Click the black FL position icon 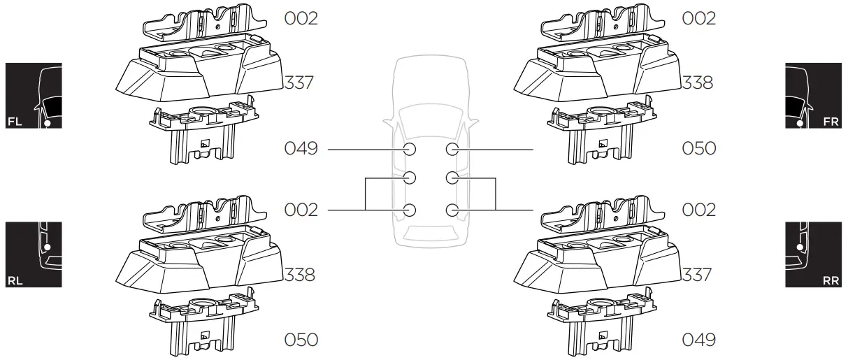(x=34, y=96)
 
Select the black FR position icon (x=812, y=96)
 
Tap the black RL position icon (x=34, y=254)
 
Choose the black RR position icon (x=812, y=254)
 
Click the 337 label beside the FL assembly (x=299, y=84)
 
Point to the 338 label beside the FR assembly (x=697, y=83)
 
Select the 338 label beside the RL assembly (x=299, y=275)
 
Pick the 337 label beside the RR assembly (x=697, y=275)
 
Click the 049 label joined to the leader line (x=301, y=149)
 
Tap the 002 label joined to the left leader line (x=301, y=210)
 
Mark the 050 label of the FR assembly (x=699, y=149)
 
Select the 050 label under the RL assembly (x=301, y=340)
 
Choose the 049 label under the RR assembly (x=699, y=340)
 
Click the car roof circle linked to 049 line (x=410, y=150)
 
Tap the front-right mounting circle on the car (x=452, y=150)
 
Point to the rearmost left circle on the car (x=410, y=210)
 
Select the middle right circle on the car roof (x=452, y=178)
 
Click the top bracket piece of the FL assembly (x=200, y=24)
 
